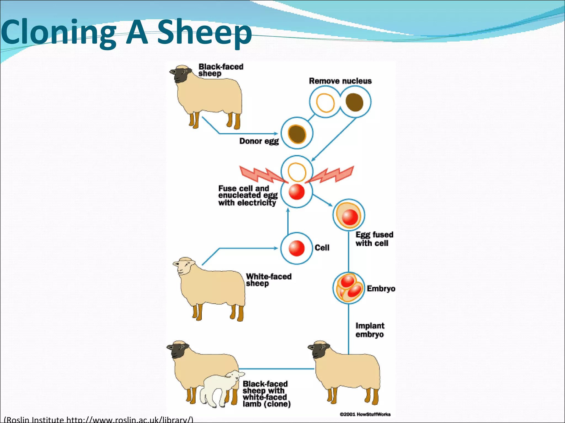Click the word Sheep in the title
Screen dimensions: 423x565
tap(204, 32)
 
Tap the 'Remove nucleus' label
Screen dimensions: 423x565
tap(340, 81)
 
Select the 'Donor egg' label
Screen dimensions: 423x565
tap(259, 141)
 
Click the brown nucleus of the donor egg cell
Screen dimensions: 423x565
tap(297, 134)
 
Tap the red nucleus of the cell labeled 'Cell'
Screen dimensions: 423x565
tap(297, 248)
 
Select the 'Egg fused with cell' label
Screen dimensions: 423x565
tap(374, 239)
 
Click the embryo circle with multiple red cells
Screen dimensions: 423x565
tap(348, 288)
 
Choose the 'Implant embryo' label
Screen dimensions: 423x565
tap(370, 330)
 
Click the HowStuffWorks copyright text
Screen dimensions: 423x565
tap(365, 414)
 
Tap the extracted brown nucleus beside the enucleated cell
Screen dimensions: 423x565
tap(354, 102)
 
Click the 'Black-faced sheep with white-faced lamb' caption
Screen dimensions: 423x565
tap(266, 394)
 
